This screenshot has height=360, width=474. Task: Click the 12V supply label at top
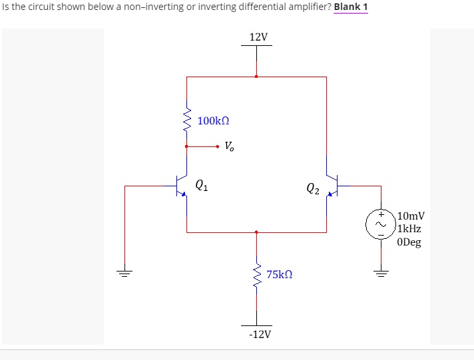click(258, 37)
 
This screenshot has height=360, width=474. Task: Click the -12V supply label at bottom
click(259, 333)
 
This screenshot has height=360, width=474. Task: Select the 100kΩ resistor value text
click(214, 121)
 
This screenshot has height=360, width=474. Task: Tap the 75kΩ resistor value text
click(279, 274)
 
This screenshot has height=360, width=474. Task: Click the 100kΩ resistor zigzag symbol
click(186, 121)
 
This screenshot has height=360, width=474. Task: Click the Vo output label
click(229, 146)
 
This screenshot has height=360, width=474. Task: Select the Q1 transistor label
click(202, 186)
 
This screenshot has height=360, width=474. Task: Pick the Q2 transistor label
click(313, 189)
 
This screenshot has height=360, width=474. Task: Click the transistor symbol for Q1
click(181, 186)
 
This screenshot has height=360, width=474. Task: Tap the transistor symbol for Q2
click(332, 186)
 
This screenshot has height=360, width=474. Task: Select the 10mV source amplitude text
click(411, 216)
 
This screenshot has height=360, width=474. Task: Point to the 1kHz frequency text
click(409, 229)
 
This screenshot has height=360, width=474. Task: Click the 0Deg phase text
click(409, 242)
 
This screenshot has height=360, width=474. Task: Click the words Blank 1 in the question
click(351, 7)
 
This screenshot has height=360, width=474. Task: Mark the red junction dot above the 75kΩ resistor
click(256, 232)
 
